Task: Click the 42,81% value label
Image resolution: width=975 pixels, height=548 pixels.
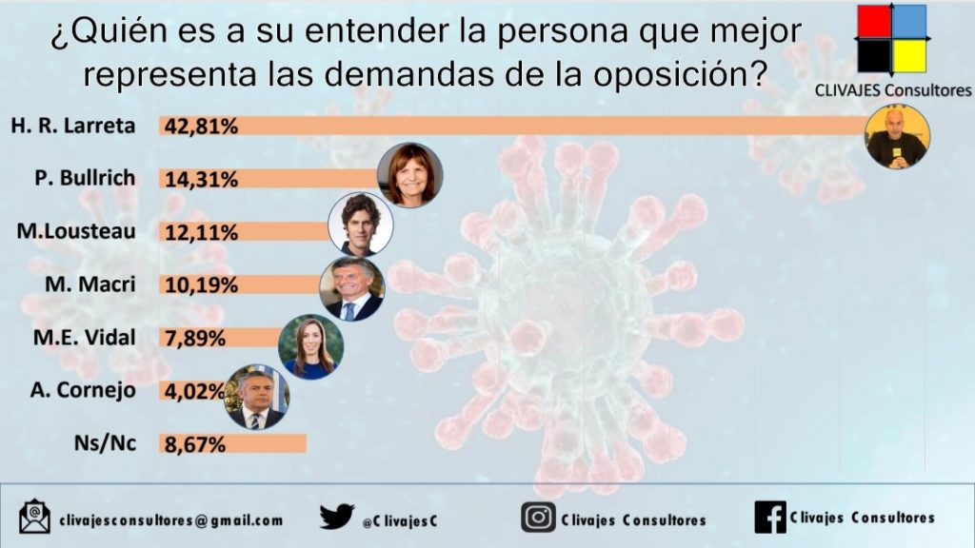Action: [x=201, y=127]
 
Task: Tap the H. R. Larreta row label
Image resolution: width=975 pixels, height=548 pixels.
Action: [x=72, y=126]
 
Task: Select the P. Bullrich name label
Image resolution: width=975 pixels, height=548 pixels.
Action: [x=85, y=178]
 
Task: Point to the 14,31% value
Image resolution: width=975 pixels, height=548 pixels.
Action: [x=201, y=180]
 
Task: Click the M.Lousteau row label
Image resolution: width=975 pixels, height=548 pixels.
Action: [x=76, y=231]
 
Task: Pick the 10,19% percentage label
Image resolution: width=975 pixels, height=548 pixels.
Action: [x=201, y=285]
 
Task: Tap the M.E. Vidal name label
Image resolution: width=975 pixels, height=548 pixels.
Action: [x=85, y=338]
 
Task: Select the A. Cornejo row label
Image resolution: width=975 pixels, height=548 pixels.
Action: [x=84, y=390]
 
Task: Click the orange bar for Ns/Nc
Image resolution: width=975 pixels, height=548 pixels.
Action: [x=232, y=443]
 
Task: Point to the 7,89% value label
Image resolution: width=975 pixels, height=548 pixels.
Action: [x=194, y=339]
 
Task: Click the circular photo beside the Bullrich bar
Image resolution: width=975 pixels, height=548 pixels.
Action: [x=410, y=175]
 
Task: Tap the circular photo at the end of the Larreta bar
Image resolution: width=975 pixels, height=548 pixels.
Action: [x=897, y=137]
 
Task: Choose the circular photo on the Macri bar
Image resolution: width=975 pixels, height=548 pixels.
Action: [x=352, y=289]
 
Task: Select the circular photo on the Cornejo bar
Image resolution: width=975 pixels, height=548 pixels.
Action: [x=256, y=397]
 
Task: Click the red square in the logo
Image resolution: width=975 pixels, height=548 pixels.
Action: [x=874, y=21]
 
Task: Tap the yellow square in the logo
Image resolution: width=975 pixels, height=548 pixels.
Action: [x=909, y=56]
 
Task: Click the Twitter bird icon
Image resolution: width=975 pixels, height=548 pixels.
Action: [x=337, y=517]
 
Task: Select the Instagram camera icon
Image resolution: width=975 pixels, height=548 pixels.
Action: [x=539, y=518]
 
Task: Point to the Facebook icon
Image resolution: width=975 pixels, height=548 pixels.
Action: [x=770, y=517]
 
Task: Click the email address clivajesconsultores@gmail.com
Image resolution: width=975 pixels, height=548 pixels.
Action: [x=171, y=520]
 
